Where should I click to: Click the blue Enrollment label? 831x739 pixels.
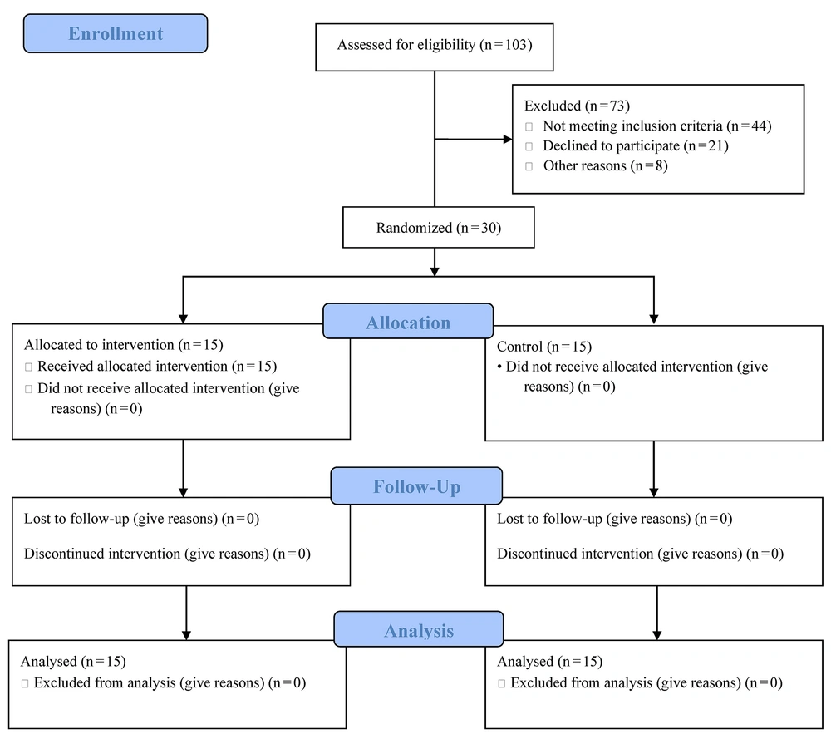(116, 33)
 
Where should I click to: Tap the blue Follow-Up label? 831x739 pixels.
(416, 485)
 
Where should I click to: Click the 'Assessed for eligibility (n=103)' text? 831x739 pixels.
(435, 45)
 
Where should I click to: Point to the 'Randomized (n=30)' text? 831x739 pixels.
(439, 228)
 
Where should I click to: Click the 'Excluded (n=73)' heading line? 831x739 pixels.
(578, 106)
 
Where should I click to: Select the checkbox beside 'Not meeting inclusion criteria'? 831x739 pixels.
(529, 126)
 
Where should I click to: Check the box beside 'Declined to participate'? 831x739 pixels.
(529, 146)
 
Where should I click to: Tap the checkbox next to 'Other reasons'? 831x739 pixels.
(529, 166)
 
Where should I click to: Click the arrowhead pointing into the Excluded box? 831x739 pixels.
(508, 140)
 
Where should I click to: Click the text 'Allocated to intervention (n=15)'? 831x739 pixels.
(124, 345)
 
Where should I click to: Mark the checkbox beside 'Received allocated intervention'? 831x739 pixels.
(28, 367)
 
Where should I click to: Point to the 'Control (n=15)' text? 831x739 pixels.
(544, 347)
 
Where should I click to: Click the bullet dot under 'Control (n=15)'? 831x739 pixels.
(499, 367)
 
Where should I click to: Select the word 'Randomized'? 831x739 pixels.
(415, 228)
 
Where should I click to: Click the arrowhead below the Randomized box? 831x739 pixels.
(435, 272)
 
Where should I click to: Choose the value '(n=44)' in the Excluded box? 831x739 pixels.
(749, 126)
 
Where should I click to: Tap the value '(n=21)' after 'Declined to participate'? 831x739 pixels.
(706, 145)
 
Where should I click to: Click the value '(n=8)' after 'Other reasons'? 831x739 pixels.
(649, 166)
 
